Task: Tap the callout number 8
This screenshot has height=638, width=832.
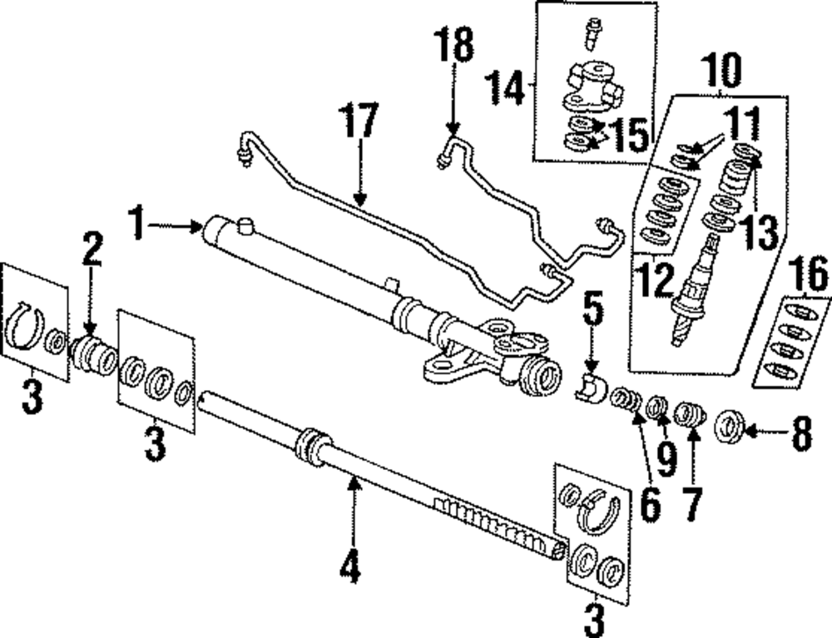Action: coord(800,435)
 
